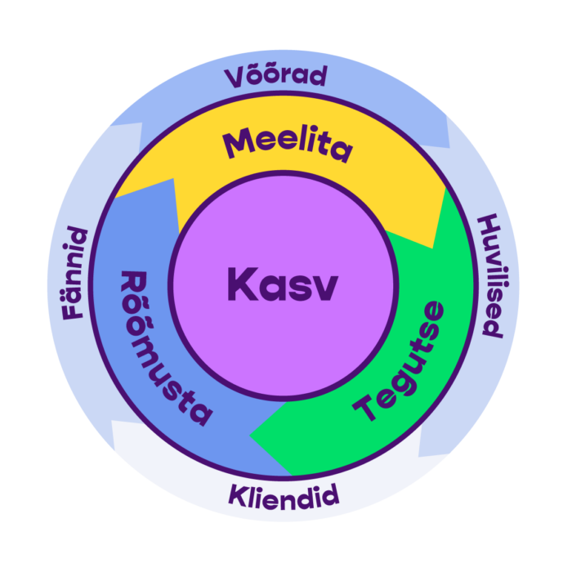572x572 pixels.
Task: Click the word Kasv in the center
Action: pos(282,285)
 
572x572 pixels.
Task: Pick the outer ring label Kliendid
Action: pos(284,496)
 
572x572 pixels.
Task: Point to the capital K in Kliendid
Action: pos(237,494)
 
